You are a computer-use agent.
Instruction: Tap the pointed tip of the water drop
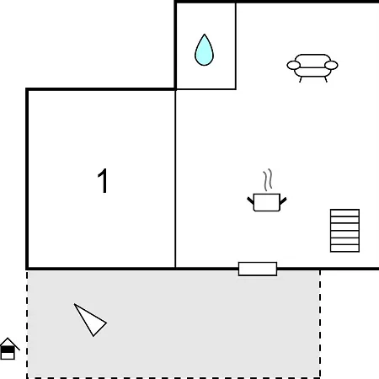pyautogui.click(x=205, y=35)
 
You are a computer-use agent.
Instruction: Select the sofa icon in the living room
pyautogui.click(x=312, y=67)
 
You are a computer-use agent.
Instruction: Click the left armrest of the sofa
pyautogui.click(x=294, y=65)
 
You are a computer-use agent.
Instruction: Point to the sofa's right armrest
pyautogui.click(x=331, y=65)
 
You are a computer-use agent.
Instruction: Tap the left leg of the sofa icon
pyautogui.click(x=301, y=79)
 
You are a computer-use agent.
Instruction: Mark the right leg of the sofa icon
pyautogui.click(x=326, y=79)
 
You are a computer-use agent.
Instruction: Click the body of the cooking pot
pyautogui.click(x=266, y=202)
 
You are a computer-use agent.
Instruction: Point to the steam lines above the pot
pyautogui.click(x=268, y=179)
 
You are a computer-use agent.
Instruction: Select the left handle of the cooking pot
pyautogui.click(x=250, y=200)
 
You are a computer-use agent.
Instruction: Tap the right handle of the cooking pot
pyautogui.click(x=283, y=200)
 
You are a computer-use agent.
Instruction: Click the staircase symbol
pyautogui.click(x=344, y=231)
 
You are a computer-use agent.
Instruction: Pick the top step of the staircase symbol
pyautogui.click(x=344, y=213)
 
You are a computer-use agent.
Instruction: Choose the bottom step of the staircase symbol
pyautogui.click(x=344, y=248)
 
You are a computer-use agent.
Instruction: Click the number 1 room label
pyautogui.click(x=103, y=181)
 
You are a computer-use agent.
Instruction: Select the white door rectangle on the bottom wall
pyautogui.click(x=258, y=269)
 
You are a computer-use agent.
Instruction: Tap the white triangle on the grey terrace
pyautogui.click(x=91, y=321)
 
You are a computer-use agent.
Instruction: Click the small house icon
pyautogui.click(x=8, y=349)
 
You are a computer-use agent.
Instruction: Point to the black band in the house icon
pyautogui.click(x=8, y=350)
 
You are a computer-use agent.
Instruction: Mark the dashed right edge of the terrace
pyautogui.click(x=320, y=324)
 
